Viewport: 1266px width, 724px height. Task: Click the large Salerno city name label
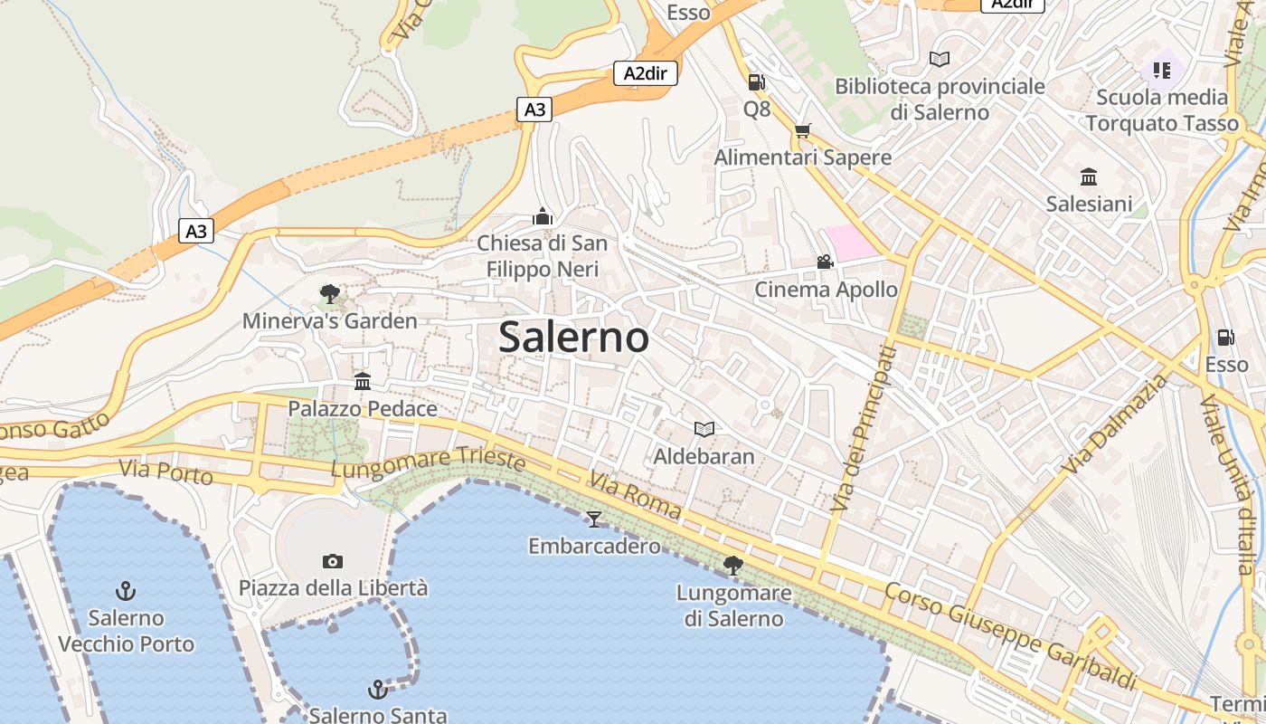click(573, 338)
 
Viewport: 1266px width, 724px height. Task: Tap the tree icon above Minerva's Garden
click(330, 294)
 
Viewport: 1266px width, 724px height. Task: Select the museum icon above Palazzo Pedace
click(363, 381)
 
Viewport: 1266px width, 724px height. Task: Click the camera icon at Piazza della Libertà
click(333, 562)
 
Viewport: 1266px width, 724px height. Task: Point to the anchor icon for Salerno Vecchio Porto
click(126, 592)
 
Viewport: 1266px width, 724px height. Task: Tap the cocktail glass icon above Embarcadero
click(594, 519)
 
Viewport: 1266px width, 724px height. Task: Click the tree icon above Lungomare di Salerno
click(733, 567)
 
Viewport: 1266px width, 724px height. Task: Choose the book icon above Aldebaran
click(704, 429)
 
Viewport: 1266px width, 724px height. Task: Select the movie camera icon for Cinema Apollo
click(825, 262)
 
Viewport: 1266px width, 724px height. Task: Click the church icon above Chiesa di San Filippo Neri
click(543, 216)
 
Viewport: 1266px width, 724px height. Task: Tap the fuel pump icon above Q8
click(756, 82)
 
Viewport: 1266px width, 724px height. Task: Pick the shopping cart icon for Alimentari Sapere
click(802, 130)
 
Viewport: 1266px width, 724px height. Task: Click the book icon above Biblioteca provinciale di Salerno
click(940, 59)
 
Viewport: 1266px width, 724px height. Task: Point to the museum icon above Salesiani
click(1089, 176)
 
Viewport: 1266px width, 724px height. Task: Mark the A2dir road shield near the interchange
click(646, 73)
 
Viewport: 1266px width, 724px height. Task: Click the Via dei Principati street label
click(864, 427)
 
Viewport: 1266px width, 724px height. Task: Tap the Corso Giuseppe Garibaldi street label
click(1009, 636)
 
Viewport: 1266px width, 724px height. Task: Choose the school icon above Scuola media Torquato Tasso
click(1162, 70)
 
